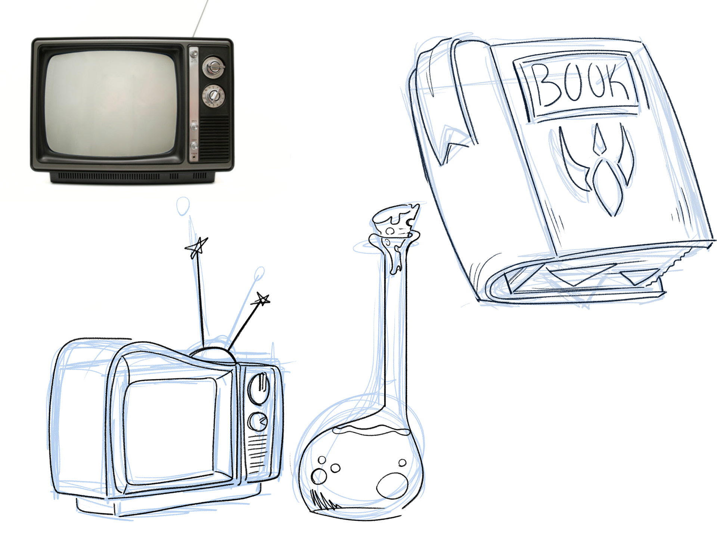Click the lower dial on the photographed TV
[x=214, y=96]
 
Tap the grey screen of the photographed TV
[x=111, y=104]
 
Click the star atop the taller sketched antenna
[x=196, y=247]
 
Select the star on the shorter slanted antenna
[x=262, y=299]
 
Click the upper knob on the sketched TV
[x=258, y=388]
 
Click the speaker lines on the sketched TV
[x=257, y=453]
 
